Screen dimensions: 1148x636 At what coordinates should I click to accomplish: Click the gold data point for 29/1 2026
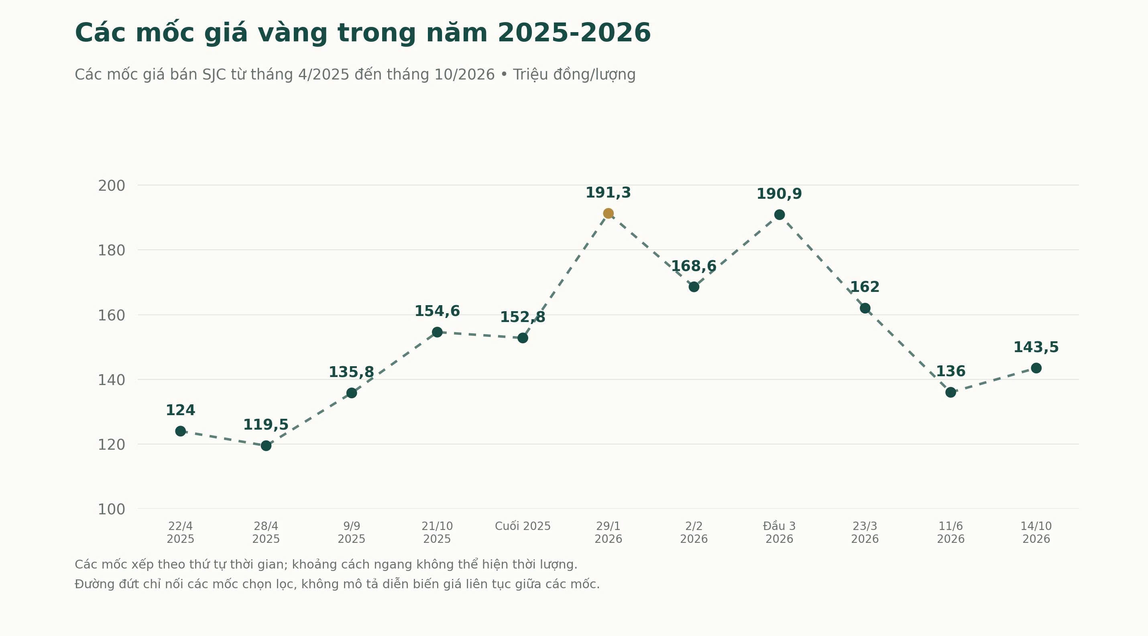(608, 214)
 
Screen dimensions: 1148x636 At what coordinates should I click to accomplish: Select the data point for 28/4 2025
(266, 445)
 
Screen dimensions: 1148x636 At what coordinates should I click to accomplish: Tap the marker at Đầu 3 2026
(780, 215)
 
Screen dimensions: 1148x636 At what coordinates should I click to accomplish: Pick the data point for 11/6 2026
(951, 392)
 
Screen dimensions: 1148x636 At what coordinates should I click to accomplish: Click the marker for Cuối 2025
(523, 338)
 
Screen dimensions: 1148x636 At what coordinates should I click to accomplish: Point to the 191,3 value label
(608, 193)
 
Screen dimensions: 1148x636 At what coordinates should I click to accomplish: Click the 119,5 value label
(266, 425)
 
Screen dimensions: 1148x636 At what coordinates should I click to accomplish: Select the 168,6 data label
(694, 266)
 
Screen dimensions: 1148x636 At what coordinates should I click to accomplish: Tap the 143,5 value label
(1036, 347)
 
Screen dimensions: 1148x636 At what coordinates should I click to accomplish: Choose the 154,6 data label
(437, 311)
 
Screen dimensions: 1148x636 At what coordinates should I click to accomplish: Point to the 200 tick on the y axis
(112, 185)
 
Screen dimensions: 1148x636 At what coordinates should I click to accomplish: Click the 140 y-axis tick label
(112, 380)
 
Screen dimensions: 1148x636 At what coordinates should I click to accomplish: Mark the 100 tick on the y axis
(112, 509)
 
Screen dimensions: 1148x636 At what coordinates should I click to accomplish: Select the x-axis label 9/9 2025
(352, 532)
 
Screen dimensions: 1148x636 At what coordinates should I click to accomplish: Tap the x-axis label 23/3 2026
(865, 532)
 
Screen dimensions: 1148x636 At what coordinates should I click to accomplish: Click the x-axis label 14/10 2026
(1036, 532)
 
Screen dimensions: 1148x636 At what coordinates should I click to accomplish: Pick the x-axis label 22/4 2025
(181, 532)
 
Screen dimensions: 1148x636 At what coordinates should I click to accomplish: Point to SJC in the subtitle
(214, 74)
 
